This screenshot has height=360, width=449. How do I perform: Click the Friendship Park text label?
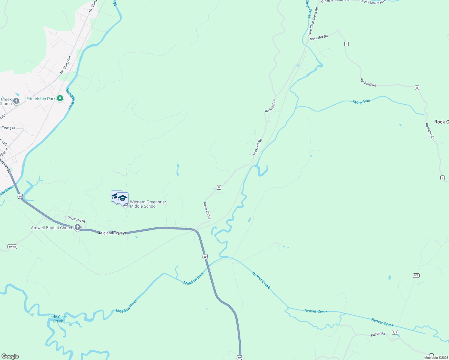[x=41, y=99]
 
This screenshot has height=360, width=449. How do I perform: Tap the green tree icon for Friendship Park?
[x=60, y=98]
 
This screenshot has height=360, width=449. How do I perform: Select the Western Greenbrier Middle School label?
[x=148, y=204]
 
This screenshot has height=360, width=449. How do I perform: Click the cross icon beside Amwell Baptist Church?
[x=78, y=227]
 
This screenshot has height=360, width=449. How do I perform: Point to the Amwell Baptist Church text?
[x=52, y=228]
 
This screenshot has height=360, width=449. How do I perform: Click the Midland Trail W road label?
[x=113, y=233]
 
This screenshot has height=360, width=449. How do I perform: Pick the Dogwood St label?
[x=76, y=219]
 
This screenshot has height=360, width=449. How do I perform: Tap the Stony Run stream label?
[x=361, y=102]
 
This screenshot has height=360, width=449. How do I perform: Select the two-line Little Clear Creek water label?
[x=58, y=319]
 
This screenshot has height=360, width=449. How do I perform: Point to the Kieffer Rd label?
[x=378, y=334]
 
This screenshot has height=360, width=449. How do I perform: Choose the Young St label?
[x=8, y=128]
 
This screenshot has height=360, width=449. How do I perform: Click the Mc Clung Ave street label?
[x=66, y=64]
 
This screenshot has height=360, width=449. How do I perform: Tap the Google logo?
[x=10, y=356]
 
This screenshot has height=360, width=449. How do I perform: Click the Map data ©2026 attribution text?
[x=436, y=358]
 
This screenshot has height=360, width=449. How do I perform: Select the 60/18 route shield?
[x=12, y=247]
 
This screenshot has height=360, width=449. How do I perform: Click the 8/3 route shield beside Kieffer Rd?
[x=395, y=332]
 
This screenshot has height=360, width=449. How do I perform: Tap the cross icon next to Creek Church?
[x=16, y=101]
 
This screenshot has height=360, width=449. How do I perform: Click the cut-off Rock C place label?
[x=441, y=122]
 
